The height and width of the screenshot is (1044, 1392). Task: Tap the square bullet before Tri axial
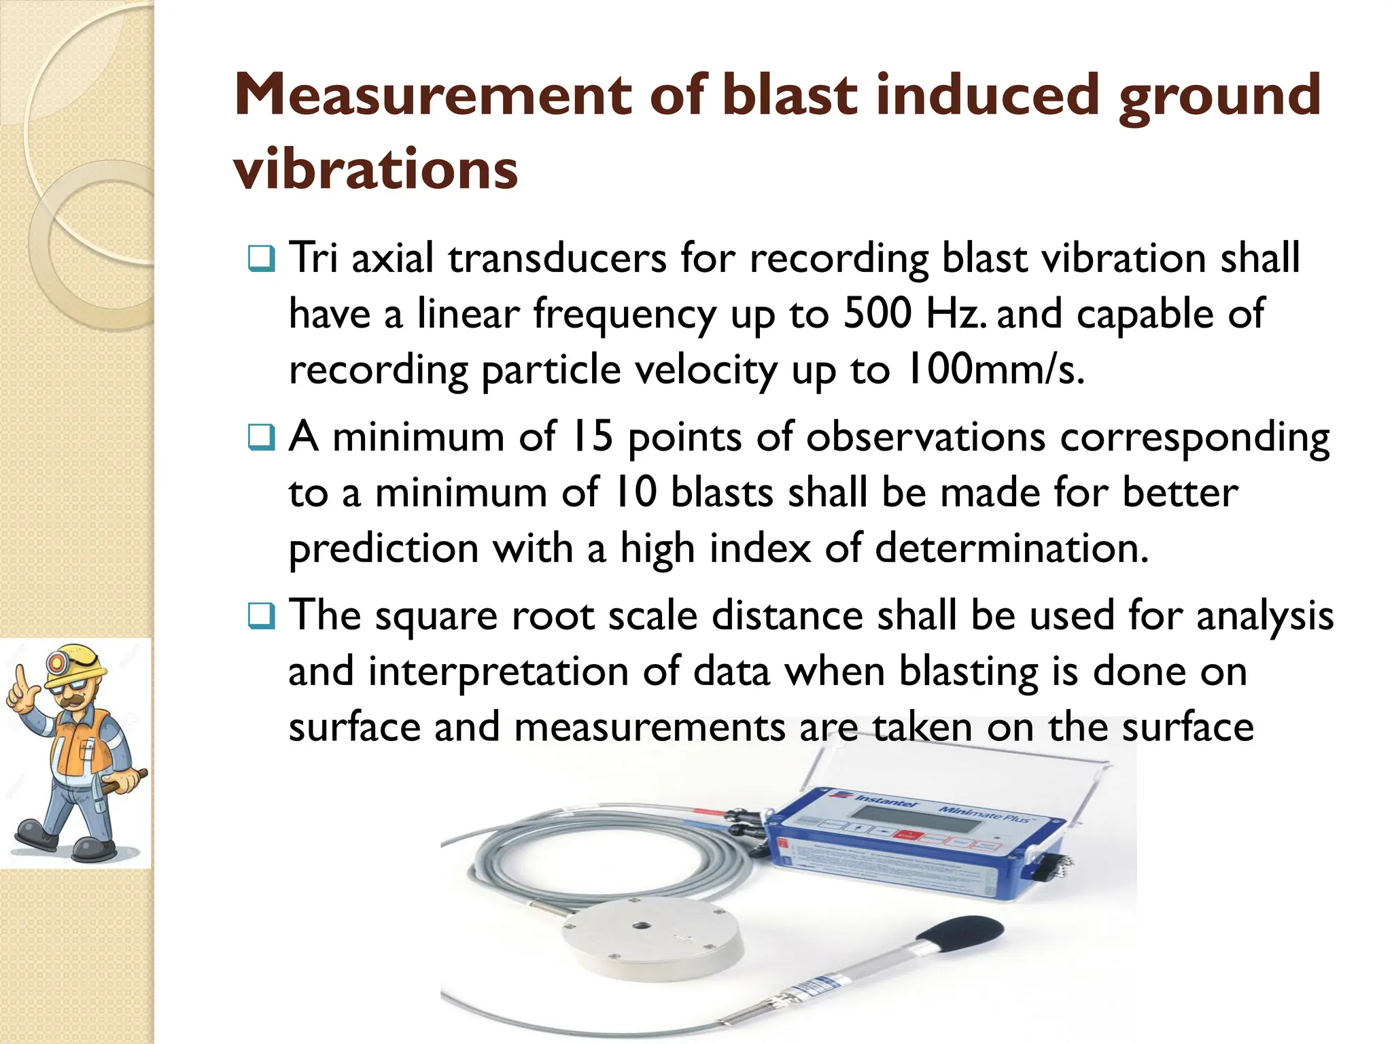click(262, 259)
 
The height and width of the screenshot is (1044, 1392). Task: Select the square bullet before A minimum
click(262, 438)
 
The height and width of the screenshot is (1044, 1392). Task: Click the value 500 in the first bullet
click(877, 314)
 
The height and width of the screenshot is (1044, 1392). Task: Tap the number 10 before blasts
click(636, 493)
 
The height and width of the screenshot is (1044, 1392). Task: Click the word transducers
click(557, 259)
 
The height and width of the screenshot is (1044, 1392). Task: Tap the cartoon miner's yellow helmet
click(74, 665)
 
